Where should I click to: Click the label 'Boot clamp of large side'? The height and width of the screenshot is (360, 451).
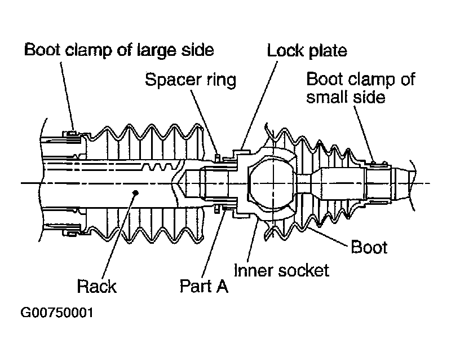(x=119, y=50)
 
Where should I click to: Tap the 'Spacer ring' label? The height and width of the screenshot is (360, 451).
(x=191, y=80)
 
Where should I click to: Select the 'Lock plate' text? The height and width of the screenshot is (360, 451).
(x=307, y=51)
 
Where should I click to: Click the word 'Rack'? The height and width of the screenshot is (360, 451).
(x=96, y=286)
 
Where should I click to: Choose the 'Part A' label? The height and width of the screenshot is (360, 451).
(x=204, y=286)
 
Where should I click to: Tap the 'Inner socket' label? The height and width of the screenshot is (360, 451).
(x=281, y=270)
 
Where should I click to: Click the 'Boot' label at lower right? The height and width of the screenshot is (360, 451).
(x=369, y=247)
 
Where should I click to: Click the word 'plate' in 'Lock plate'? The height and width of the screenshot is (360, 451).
(x=326, y=51)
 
